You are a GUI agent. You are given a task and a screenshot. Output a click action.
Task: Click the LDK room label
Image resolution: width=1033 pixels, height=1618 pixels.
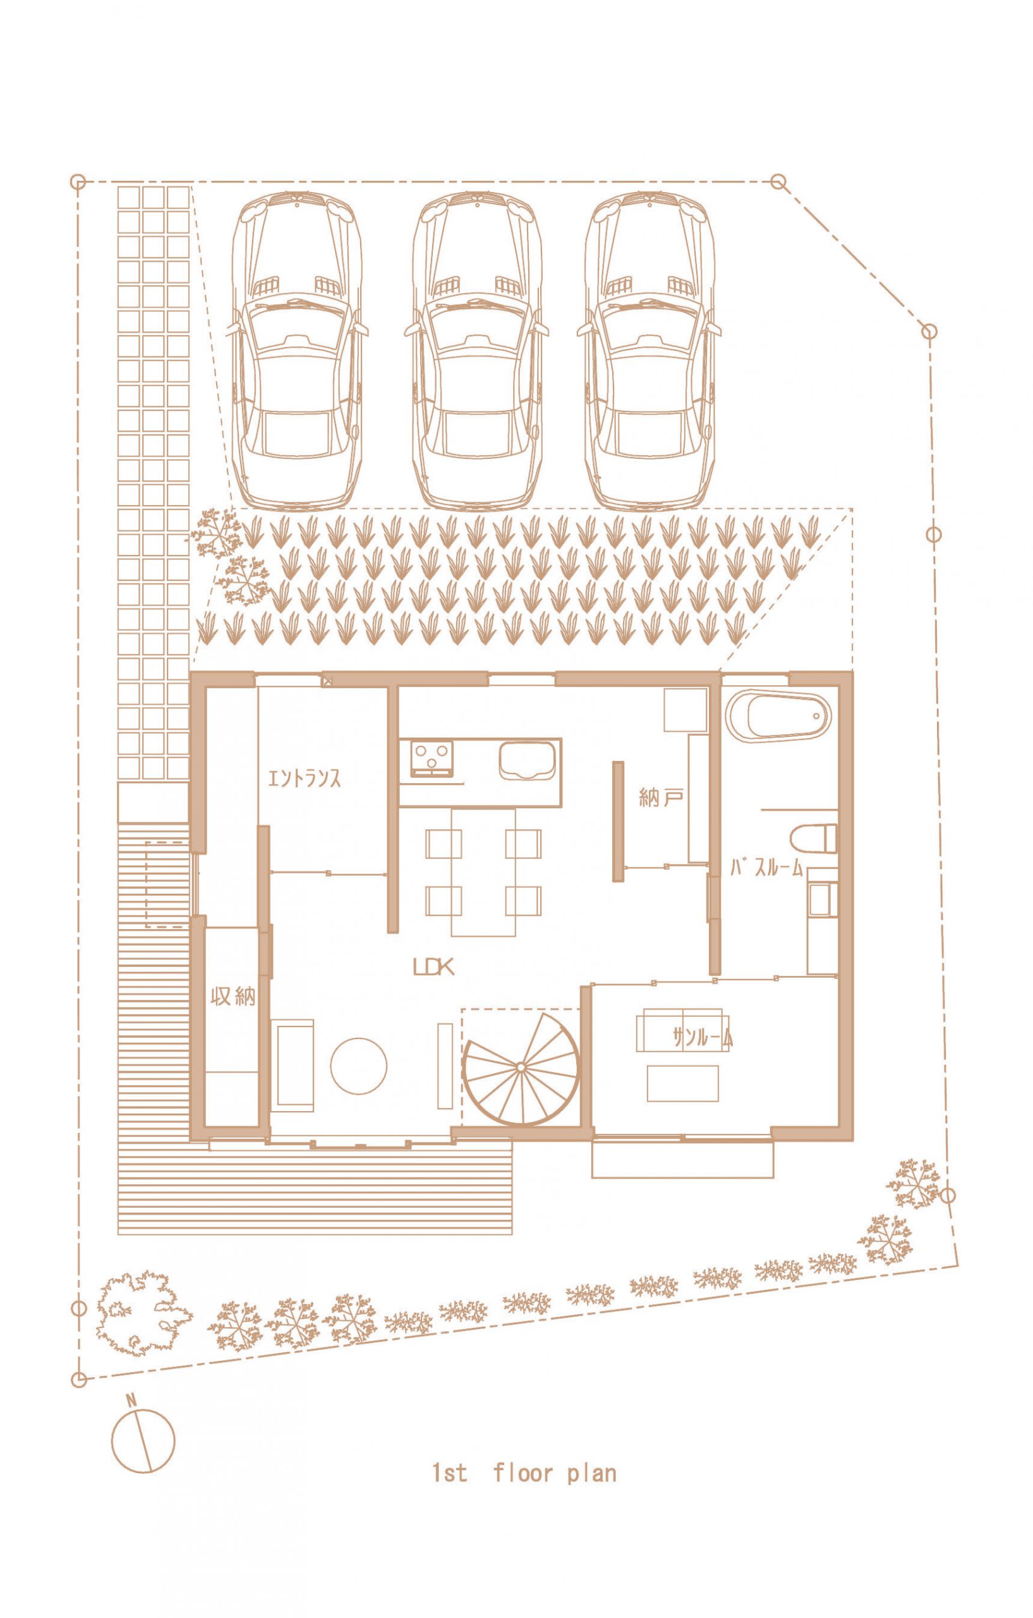coord(433,967)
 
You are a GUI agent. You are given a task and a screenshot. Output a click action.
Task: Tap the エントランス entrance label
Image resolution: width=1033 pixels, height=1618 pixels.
coord(304,778)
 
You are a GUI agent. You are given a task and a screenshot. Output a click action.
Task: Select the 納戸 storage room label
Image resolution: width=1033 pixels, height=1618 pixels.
coord(661,798)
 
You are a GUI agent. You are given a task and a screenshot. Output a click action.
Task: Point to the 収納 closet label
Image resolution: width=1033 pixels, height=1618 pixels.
coord(233,996)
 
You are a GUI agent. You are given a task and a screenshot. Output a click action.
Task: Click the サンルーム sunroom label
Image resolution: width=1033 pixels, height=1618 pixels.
coord(702,1038)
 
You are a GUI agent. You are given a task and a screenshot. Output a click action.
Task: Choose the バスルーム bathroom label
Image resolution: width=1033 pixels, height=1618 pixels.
coord(766,868)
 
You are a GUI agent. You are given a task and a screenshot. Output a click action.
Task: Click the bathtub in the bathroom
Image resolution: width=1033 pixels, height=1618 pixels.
coord(778,717)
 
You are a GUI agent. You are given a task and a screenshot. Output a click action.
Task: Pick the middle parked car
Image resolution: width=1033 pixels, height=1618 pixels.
coord(476,350)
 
